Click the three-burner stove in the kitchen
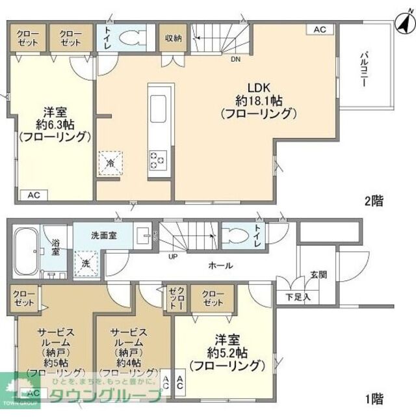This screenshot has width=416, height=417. pyautogui.click(x=159, y=159)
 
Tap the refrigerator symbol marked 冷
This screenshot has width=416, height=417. pyautogui.click(x=110, y=163)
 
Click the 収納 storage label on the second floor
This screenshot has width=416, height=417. pyautogui.click(x=172, y=38)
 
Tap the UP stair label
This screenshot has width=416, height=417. pyautogui.click(x=173, y=257)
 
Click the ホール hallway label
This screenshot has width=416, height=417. pyautogui.click(x=220, y=265)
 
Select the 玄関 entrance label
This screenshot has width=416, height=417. pyautogui.click(x=317, y=273)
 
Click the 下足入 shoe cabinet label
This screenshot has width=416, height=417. pyautogui.click(x=298, y=297)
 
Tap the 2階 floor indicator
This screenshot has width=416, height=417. pyautogui.click(x=373, y=201)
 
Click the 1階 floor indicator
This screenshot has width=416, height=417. pyautogui.click(x=373, y=399)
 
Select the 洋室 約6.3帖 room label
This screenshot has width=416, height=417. pyautogui.click(x=53, y=124)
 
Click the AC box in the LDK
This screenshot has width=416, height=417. pyautogui.click(x=319, y=29)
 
